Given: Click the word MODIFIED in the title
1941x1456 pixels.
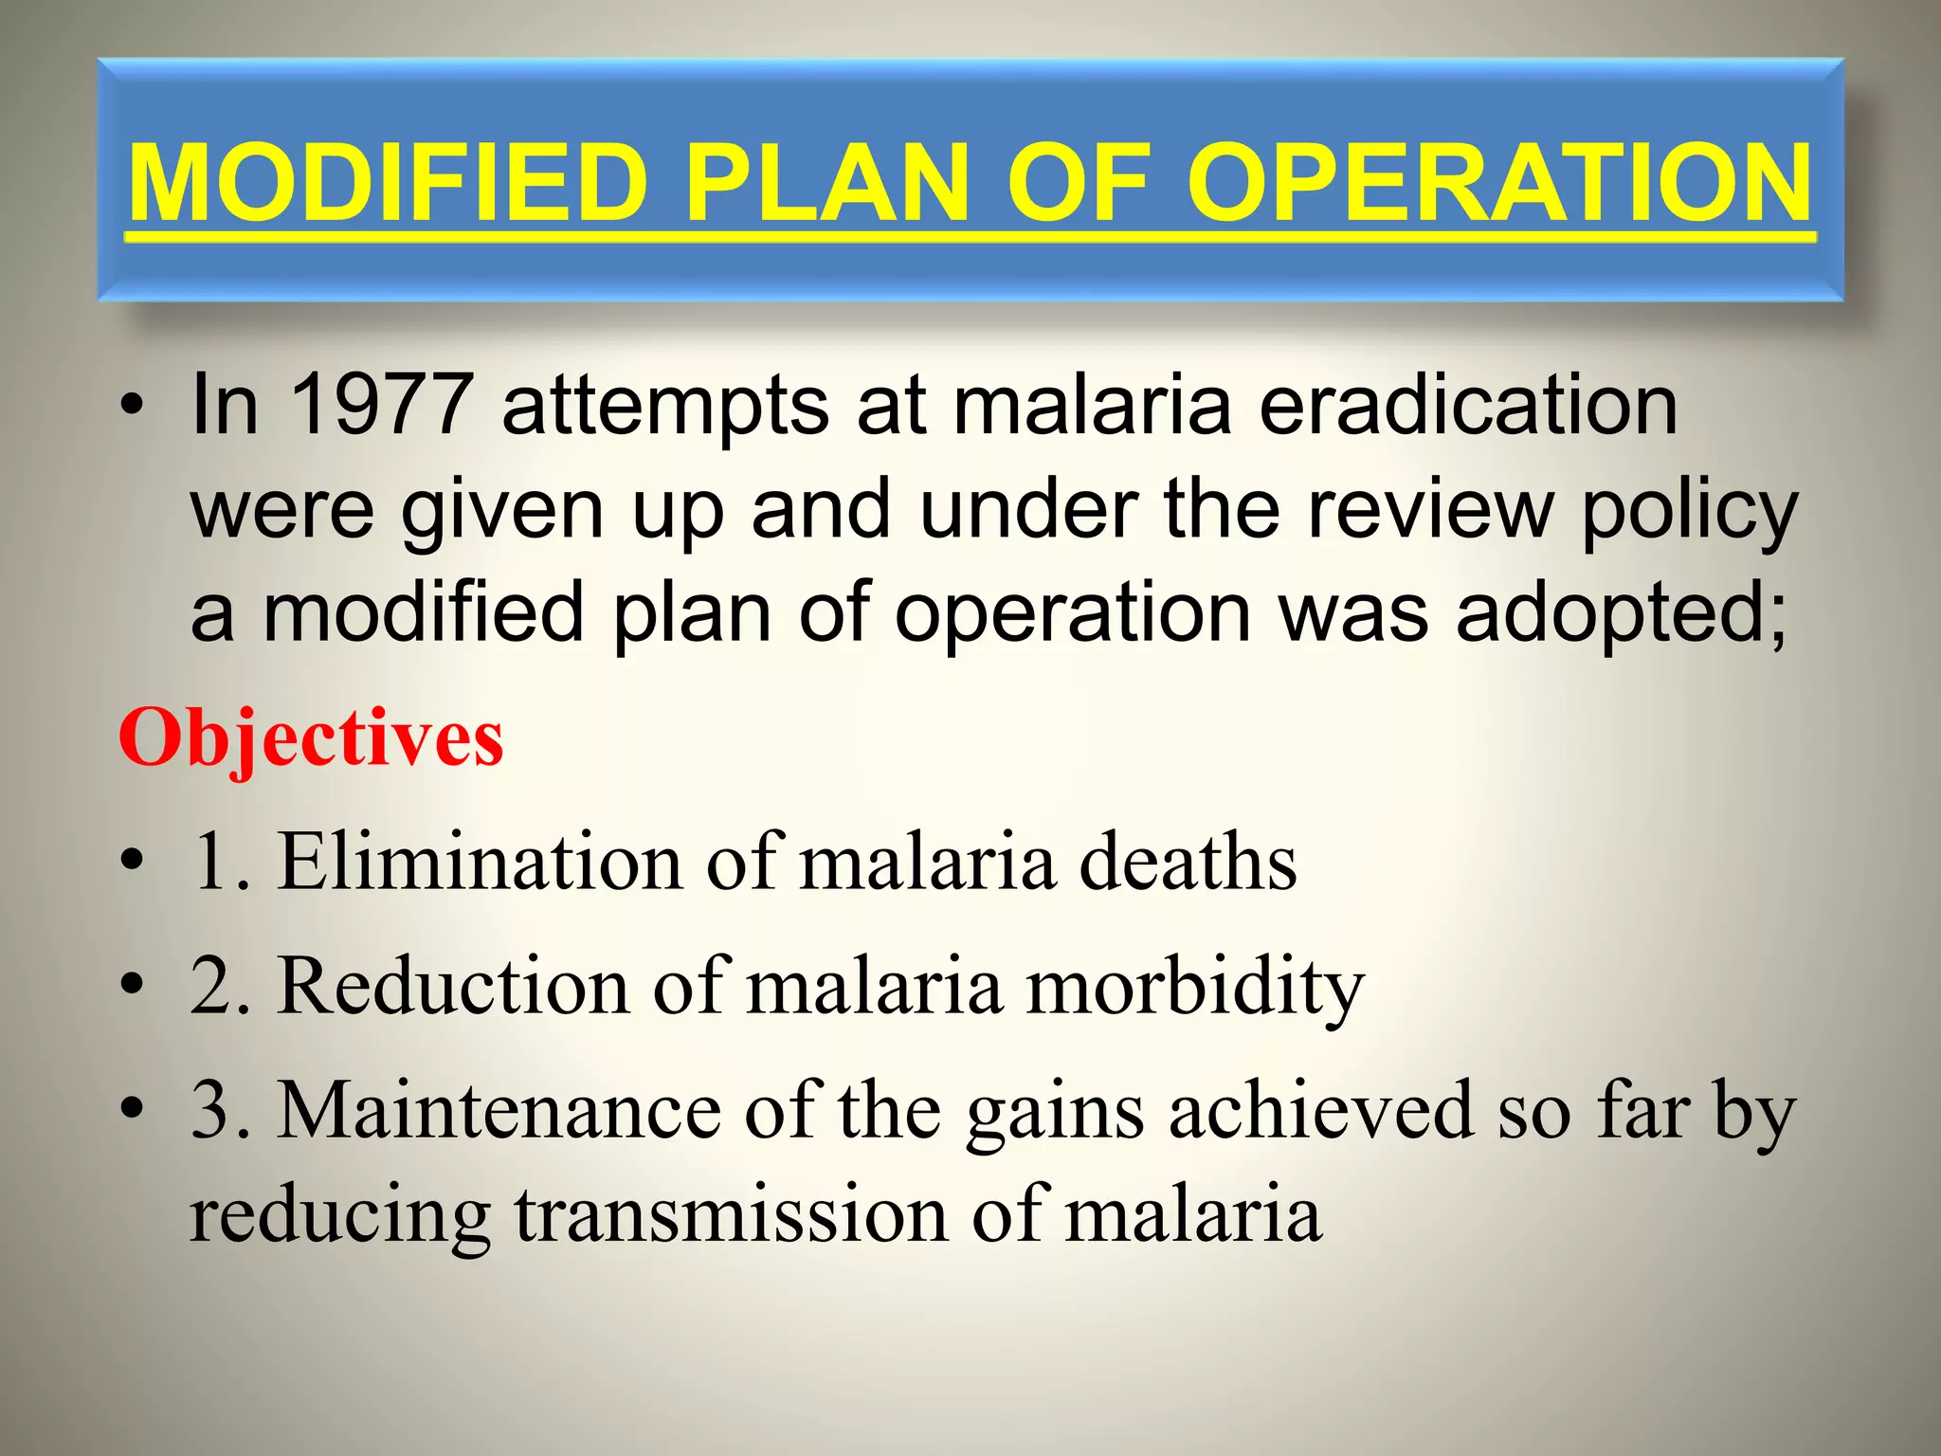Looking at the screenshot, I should [387, 182].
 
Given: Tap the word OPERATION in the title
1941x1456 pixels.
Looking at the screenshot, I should [1499, 182].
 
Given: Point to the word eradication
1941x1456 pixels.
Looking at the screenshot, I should [1468, 405].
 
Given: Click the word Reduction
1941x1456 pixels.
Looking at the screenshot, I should [453, 986].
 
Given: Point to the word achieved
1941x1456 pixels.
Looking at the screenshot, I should [1321, 1110].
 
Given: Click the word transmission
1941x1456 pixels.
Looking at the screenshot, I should [731, 1214].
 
